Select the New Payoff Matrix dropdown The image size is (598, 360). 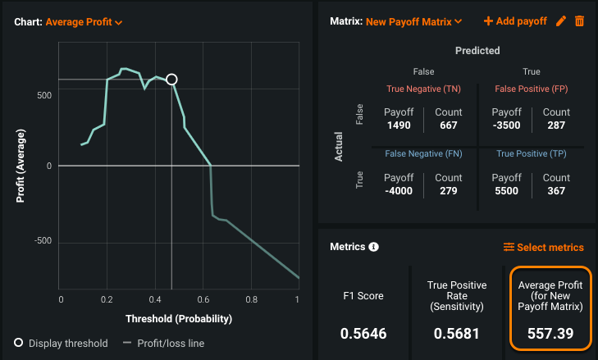[414, 21]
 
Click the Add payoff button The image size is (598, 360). [515, 21]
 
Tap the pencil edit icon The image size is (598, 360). [561, 21]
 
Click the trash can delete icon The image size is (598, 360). [579, 21]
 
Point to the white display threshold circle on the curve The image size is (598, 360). [171, 80]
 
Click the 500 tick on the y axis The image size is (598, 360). [45, 95]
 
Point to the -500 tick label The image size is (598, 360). [42, 240]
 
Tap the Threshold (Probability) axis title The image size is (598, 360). [179, 318]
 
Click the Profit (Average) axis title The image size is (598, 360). [20, 167]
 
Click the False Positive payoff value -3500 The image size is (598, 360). [506, 125]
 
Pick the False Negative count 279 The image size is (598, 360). [449, 191]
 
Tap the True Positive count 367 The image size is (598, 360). [556, 191]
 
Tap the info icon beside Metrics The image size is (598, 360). [374, 247]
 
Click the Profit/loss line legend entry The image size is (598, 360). [171, 343]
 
